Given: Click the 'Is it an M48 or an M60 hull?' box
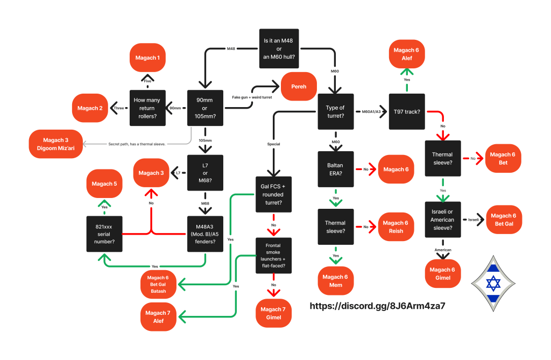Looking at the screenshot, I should (x=279, y=48).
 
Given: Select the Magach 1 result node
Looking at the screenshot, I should (x=147, y=58).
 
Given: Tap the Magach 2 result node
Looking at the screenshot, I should (x=89, y=108).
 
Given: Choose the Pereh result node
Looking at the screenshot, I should (x=299, y=86).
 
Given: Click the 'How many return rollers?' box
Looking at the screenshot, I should (x=147, y=108).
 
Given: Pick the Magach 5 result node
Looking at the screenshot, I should (x=104, y=184).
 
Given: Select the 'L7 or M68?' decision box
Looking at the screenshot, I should (x=205, y=173).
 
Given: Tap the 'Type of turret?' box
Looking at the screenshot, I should (x=335, y=111).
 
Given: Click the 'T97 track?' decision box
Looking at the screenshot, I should (x=407, y=111).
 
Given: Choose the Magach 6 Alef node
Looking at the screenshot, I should (x=407, y=54).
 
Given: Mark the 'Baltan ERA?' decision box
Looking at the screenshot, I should (x=335, y=169).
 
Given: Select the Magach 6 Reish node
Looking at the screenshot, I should (x=397, y=227).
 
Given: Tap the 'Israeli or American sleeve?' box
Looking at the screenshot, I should (x=442, y=219).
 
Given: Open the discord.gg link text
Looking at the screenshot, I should (x=377, y=306).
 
